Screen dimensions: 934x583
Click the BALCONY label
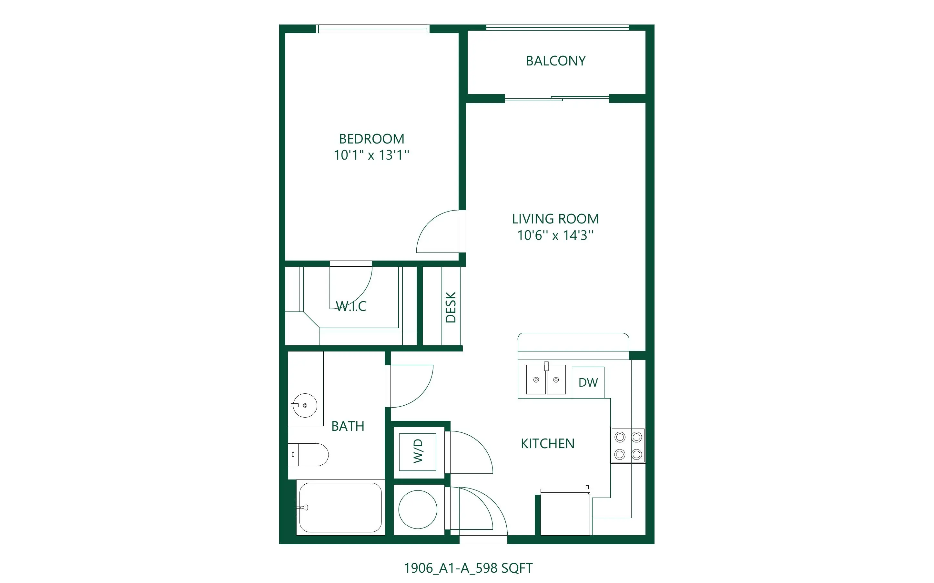[x=555, y=61]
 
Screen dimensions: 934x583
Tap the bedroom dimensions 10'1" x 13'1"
[x=371, y=155]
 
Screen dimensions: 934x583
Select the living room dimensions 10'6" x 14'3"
[x=555, y=235]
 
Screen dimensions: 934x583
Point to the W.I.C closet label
[x=351, y=306]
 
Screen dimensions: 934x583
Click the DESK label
[x=451, y=307]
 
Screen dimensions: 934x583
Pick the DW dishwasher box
[x=588, y=382]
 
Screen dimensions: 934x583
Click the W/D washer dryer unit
[x=417, y=452]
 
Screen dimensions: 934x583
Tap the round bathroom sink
[x=305, y=405]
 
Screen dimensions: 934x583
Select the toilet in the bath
[x=308, y=455]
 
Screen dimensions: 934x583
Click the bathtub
[x=340, y=508]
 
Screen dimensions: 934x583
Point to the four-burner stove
[x=628, y=445]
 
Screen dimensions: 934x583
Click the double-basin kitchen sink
[x=546, y=380]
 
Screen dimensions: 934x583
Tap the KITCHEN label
[x=547, y=444]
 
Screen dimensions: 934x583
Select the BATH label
[x=348, y=426]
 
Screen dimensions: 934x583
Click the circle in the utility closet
[x=418, y=509]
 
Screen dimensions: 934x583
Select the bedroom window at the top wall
[x=373, y=28]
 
